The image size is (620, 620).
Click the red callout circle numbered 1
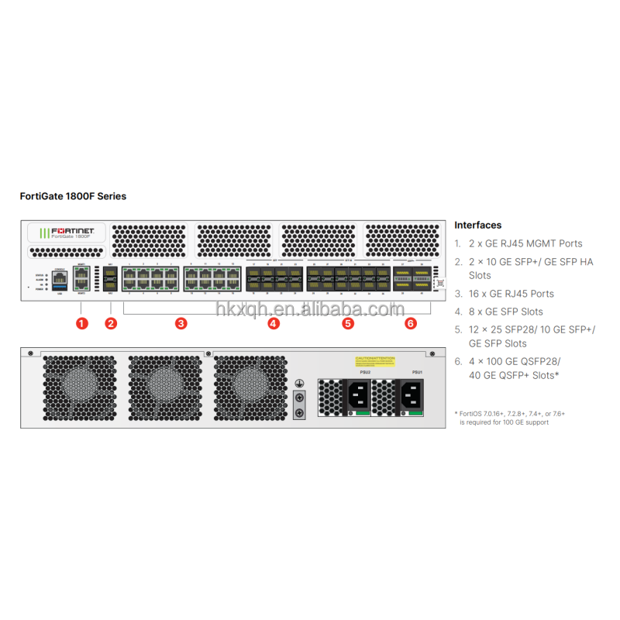[x=81, y=323]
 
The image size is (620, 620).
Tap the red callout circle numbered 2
[x=111, y=323]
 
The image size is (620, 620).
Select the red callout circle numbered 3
[x=181, y=323]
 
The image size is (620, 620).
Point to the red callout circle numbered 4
[x=274, y=323]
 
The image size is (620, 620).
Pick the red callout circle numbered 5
[x=348, y=323]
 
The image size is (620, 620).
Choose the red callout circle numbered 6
[x=411, y=323]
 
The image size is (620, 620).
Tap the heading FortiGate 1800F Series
[x=73, y=196]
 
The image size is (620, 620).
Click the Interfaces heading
[x=477, y=226]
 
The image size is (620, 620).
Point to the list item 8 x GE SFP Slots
[x=509, y=312]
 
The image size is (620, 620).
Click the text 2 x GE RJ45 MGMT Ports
[x=525, y=243]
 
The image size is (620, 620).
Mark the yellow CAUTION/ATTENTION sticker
[x=375, y=361]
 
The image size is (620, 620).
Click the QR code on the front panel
[x=440, y=284]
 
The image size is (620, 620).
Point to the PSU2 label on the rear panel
[x=365, y=373]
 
